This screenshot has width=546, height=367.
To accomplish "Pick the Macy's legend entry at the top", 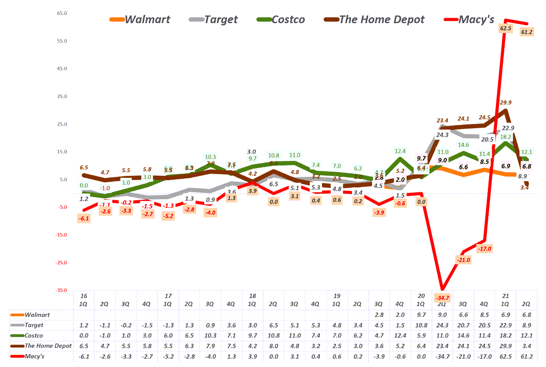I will [x=476, y=20].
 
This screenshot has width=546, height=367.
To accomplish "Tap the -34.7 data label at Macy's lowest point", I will [x=442, y=296].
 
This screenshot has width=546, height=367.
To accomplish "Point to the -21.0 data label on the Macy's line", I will [x=463, y=259].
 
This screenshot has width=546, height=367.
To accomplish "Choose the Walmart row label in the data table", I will [x=37, y=315].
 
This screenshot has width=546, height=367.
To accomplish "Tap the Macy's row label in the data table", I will [x=34, y=355].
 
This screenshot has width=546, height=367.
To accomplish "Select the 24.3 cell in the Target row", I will [x=442, y=325].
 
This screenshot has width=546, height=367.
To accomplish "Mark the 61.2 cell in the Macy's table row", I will [x=525, y=355].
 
